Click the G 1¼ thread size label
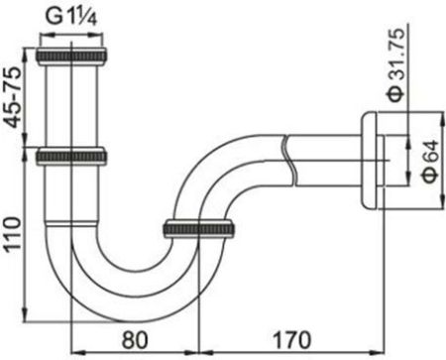point(71,17)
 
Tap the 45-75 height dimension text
point(14,98)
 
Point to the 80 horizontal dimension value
point(135,339)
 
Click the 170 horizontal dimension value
point(291,339)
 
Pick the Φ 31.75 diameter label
point(395,66)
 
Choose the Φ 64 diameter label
point(431,162)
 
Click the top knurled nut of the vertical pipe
point(71,57)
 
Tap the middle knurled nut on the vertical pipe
point(71,157)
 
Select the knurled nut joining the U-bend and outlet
point(199,228)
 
